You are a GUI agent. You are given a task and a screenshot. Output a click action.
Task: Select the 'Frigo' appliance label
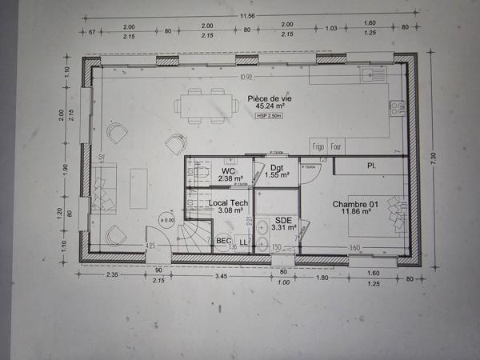[x=318, y=146]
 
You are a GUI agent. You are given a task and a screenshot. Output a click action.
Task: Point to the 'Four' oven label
[x=336, y=146]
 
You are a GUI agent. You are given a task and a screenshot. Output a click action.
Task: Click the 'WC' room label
[x=229, y=171]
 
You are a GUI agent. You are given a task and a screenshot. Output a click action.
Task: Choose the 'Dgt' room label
[x=277, y=168]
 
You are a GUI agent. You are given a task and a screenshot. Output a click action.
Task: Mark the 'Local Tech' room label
[x=228, y=204]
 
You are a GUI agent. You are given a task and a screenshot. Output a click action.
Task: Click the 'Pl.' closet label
[x=371, y=166]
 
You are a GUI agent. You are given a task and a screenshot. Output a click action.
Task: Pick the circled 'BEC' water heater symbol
[x=224, y=241]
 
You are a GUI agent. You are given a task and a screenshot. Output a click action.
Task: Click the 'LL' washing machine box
[x=244, y=242]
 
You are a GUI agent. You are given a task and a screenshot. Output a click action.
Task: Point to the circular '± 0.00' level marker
[x=167, y=219]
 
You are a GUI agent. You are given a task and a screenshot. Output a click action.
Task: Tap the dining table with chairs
[x=206, y=106]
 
